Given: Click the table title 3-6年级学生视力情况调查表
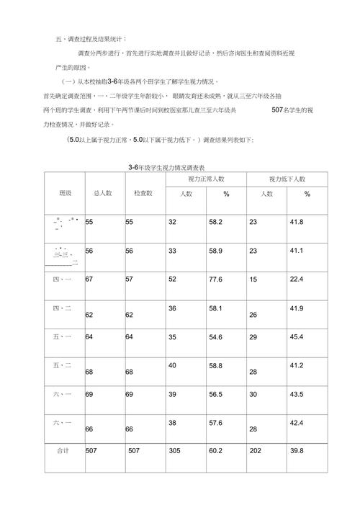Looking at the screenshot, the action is click(176, 167).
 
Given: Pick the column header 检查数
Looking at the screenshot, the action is click(143, 193).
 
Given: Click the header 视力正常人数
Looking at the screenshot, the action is click(206, 179).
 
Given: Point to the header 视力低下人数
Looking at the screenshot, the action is click(287, 179).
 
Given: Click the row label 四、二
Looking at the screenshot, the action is click(63, 308).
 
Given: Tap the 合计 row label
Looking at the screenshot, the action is click(63, 450).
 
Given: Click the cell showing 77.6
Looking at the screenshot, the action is click(216, 279).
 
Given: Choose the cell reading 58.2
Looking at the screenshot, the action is click(216, 222).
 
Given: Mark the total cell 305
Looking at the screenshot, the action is click(175, 450).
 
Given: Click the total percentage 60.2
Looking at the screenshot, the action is click(216, 450).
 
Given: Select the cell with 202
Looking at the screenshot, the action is click(256, 450).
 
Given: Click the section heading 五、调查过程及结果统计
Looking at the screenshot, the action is click(90, 38).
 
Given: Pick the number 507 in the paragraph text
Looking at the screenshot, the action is click(280, 110).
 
